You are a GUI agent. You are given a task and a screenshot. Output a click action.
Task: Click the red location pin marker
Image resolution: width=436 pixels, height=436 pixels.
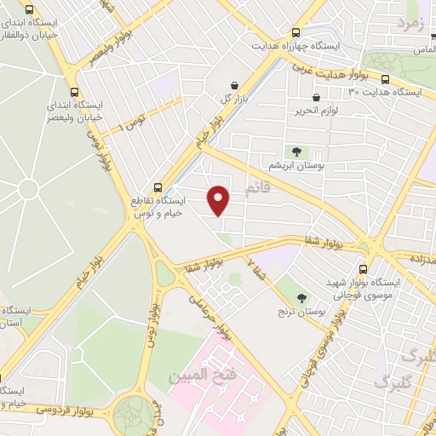(219, 200)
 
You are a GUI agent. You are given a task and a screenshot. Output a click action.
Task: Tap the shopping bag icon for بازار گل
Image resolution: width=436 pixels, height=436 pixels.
(234, 84)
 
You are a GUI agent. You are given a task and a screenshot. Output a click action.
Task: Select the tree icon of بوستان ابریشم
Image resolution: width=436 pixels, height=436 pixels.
(297, 151)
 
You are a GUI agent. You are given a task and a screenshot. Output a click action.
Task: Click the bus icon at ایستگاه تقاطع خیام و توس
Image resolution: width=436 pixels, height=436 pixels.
(157, 187)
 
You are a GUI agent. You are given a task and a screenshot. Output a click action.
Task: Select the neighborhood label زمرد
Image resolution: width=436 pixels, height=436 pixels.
(410, 25)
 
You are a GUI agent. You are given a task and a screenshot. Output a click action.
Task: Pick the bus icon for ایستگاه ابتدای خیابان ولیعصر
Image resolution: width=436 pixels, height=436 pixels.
(74, 92)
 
